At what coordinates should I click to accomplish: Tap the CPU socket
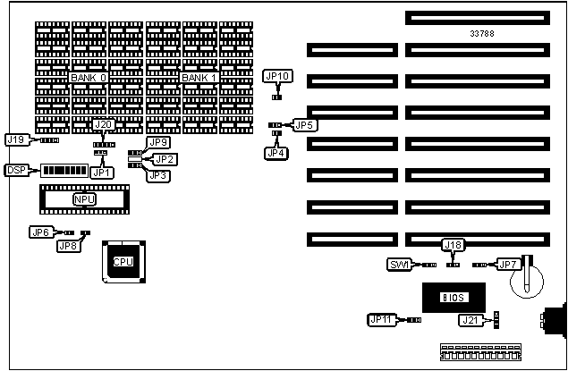pyautogui.click(x=123, y=261)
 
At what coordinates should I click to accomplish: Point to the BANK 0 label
pyautogui.click(x=88, y=78)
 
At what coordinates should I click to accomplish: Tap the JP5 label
pyautogui.click(x=304, y=124)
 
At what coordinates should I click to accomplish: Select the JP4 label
pyautogui.click(x=276, y=153)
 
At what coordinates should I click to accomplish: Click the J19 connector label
pyautogui.click(x=16, y=139)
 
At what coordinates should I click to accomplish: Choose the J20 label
pyautogui.click(x=104, y=125)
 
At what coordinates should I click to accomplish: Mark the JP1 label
pyautogui.click(x=101, y=172)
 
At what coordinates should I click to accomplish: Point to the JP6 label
pyautogui.click(x=40, y=232)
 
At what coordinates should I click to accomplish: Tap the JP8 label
pyautogui.click(x=68, y=246)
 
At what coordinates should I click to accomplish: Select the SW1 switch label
pyautogui.click(x=399, y=265)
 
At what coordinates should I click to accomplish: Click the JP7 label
pyautogui.click(x=507, y=265)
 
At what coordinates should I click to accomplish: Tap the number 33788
pyautogui.click(x=483, y=33)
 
